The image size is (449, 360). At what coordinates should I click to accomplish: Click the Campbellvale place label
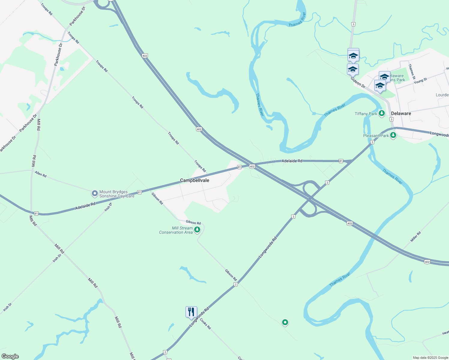(194, 180)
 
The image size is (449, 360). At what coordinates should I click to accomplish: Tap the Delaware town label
(401, 113)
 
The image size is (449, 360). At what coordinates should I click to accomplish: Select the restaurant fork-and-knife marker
(191, 312)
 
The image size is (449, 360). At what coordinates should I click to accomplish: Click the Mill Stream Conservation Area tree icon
(197, 230)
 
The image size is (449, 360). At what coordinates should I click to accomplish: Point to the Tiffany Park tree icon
(381, 113)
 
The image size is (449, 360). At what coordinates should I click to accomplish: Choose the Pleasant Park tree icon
(393, 135)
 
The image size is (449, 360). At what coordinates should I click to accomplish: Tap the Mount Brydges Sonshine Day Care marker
(95, 193)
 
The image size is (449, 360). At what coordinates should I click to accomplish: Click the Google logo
(10, 356)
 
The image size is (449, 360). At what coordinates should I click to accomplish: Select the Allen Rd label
(41, 174)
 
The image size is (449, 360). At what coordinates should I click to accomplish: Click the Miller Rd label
(416, 237)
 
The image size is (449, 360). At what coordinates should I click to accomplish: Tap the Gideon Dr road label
(358, 82)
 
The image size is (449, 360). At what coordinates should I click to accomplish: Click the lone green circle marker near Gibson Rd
(285, 322)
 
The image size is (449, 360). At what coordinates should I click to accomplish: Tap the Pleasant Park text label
(376, 136)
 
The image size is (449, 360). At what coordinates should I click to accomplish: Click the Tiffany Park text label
(366, 114)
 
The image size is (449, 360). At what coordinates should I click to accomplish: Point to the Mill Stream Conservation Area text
(176, 230)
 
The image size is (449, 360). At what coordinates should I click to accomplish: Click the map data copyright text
(430, 358)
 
